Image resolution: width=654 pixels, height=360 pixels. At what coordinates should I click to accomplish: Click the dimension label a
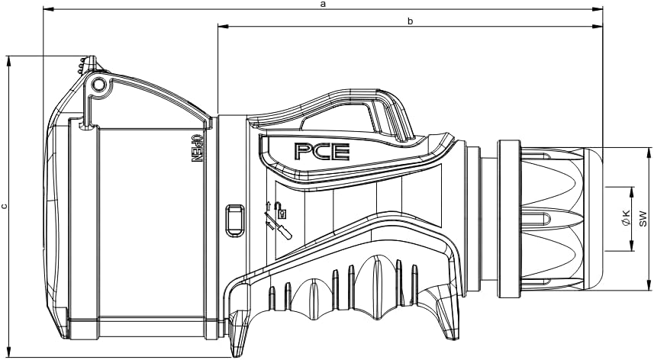point(322,4)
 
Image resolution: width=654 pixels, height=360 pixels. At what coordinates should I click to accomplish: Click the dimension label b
point(410,21)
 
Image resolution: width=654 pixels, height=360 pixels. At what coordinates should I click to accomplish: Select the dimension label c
point(4,205)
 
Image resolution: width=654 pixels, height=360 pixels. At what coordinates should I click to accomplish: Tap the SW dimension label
point(643,219)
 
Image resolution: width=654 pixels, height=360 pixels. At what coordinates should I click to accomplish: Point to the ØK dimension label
point(626,218)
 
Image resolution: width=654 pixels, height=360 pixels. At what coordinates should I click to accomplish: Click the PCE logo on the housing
point(322,152)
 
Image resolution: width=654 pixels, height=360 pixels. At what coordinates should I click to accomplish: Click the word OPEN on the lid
point(195,148)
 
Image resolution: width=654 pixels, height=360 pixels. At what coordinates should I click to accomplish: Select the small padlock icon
point(282,210)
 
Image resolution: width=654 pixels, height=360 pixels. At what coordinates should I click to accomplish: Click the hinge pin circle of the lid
point(99,85)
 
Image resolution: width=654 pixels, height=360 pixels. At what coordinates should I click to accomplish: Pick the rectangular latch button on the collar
point(235,217)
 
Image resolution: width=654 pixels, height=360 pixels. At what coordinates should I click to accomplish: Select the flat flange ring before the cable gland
point(509,218)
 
